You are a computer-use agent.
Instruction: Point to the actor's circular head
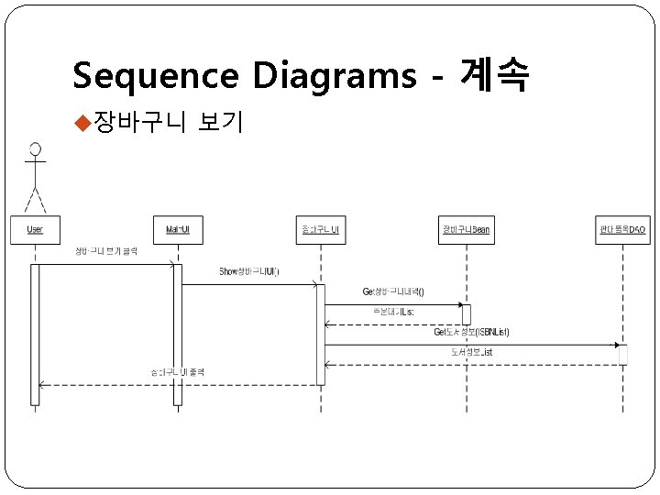pos(35,148)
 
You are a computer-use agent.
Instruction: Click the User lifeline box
pos(35,229)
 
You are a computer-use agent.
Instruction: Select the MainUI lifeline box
pos(178,229)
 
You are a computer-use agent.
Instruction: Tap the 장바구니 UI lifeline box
pos(321,229)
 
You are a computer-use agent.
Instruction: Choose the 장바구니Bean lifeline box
pos(466,229)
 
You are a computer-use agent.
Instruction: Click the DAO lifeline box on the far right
pos(622,229)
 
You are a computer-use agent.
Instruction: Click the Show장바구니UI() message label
pos(249,271)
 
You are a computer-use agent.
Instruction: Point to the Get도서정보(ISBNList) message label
pos(471,332)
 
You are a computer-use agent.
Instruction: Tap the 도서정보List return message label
pos(471,352)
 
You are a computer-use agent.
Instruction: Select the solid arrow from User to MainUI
pos(105,264)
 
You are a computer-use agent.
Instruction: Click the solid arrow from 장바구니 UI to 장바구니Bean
pos(394,304)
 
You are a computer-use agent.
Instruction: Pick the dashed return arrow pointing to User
pos(174,385)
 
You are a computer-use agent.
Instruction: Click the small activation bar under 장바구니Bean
pos(467,314)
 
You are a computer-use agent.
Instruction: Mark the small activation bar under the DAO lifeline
pos(623,354)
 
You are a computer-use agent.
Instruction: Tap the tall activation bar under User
pos(35,334)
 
